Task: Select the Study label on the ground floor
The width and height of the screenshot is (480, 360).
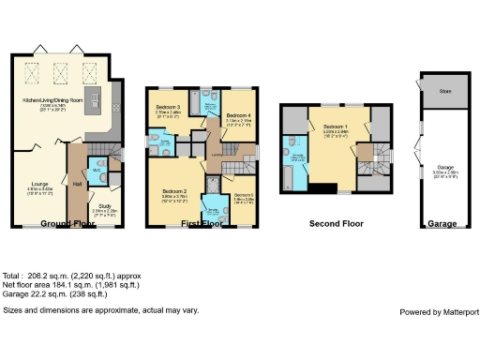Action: pos(106,208)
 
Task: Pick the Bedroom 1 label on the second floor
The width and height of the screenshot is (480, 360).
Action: pos(336,127)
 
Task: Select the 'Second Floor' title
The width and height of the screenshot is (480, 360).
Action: pos(337,224)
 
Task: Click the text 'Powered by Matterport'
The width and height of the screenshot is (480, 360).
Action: pos(438,311)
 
